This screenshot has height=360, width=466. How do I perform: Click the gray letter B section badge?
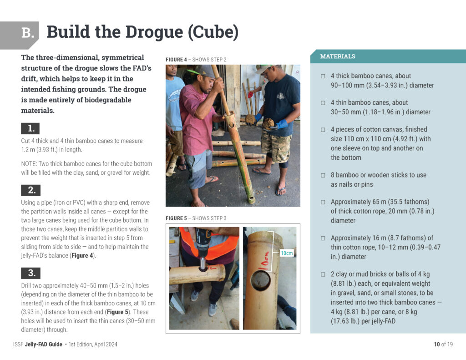point(19,35)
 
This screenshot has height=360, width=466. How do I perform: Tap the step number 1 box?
point(30,128)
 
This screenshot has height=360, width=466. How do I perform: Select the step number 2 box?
point(30,190)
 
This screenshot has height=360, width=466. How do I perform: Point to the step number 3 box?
point(30,273)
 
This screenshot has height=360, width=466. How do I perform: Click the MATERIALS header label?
point(338,56)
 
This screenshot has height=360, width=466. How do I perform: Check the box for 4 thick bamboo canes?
point(323,76)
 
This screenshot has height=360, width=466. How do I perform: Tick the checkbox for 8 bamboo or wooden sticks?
point(323,175)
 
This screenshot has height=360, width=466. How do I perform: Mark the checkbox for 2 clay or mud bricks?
point(323,274)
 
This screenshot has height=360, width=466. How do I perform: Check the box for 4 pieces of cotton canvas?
point(323,130)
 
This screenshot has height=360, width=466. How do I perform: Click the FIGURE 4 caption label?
point(176,60)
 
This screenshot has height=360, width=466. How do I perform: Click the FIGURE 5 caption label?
point(176,218)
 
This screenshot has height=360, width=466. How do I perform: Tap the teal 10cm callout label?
point(287,253)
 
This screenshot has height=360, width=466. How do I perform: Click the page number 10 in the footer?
point(436,344)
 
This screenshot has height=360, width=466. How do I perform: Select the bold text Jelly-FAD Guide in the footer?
point(44,344)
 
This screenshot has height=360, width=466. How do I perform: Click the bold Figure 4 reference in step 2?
point(82,255)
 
